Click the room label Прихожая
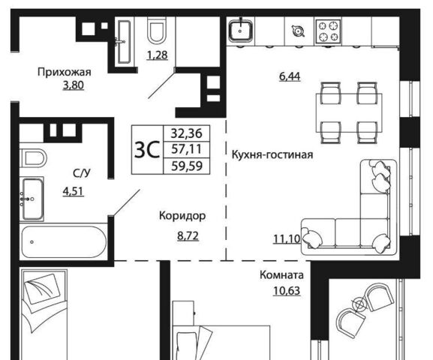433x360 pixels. click(65, 72)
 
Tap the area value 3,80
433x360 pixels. click(74, 85)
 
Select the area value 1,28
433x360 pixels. click(157, 55)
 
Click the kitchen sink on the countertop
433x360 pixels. click(240, 31)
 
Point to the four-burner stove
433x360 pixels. click(328, 31)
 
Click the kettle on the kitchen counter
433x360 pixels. click(298, 31)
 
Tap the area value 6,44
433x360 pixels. click(290, 76)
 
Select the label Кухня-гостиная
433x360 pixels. click(272, 154)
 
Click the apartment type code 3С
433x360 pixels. click(147, 150)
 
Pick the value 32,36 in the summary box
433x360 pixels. click(187, 133)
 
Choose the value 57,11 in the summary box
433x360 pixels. click(187, 149)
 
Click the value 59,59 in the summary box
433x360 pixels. click(187, 166)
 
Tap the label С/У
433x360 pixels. click(82, 173)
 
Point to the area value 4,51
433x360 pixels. click(74, 191)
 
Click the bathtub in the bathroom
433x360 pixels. click(63, 241)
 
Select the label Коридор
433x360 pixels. click(182, 216)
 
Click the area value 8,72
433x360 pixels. click(188, 236)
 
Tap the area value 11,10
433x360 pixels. click(287, 238)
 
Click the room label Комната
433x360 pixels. click(281, 275)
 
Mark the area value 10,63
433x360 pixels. click(287, 291)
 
